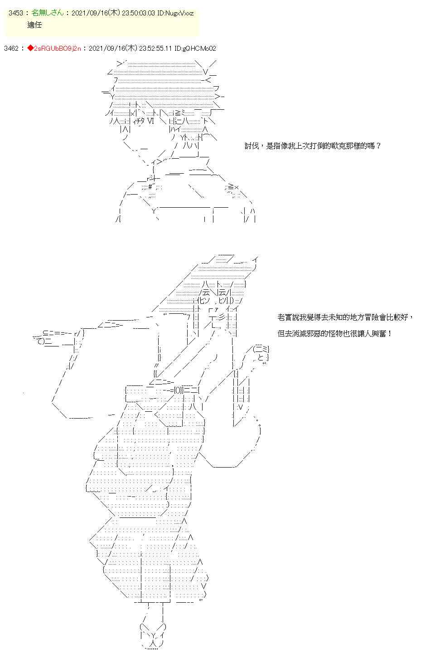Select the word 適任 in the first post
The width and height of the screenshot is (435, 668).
pos(34,25)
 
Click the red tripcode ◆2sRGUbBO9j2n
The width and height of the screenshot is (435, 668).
pos(54,48)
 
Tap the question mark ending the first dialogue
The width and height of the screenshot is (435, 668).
pos(378,146)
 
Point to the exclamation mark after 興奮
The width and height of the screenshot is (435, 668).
pos(390,334)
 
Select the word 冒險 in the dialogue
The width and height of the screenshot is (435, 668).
pos(379,317)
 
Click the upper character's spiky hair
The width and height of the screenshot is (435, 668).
pos(163,82)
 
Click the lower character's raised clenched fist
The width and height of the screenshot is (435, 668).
pos(261,354)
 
